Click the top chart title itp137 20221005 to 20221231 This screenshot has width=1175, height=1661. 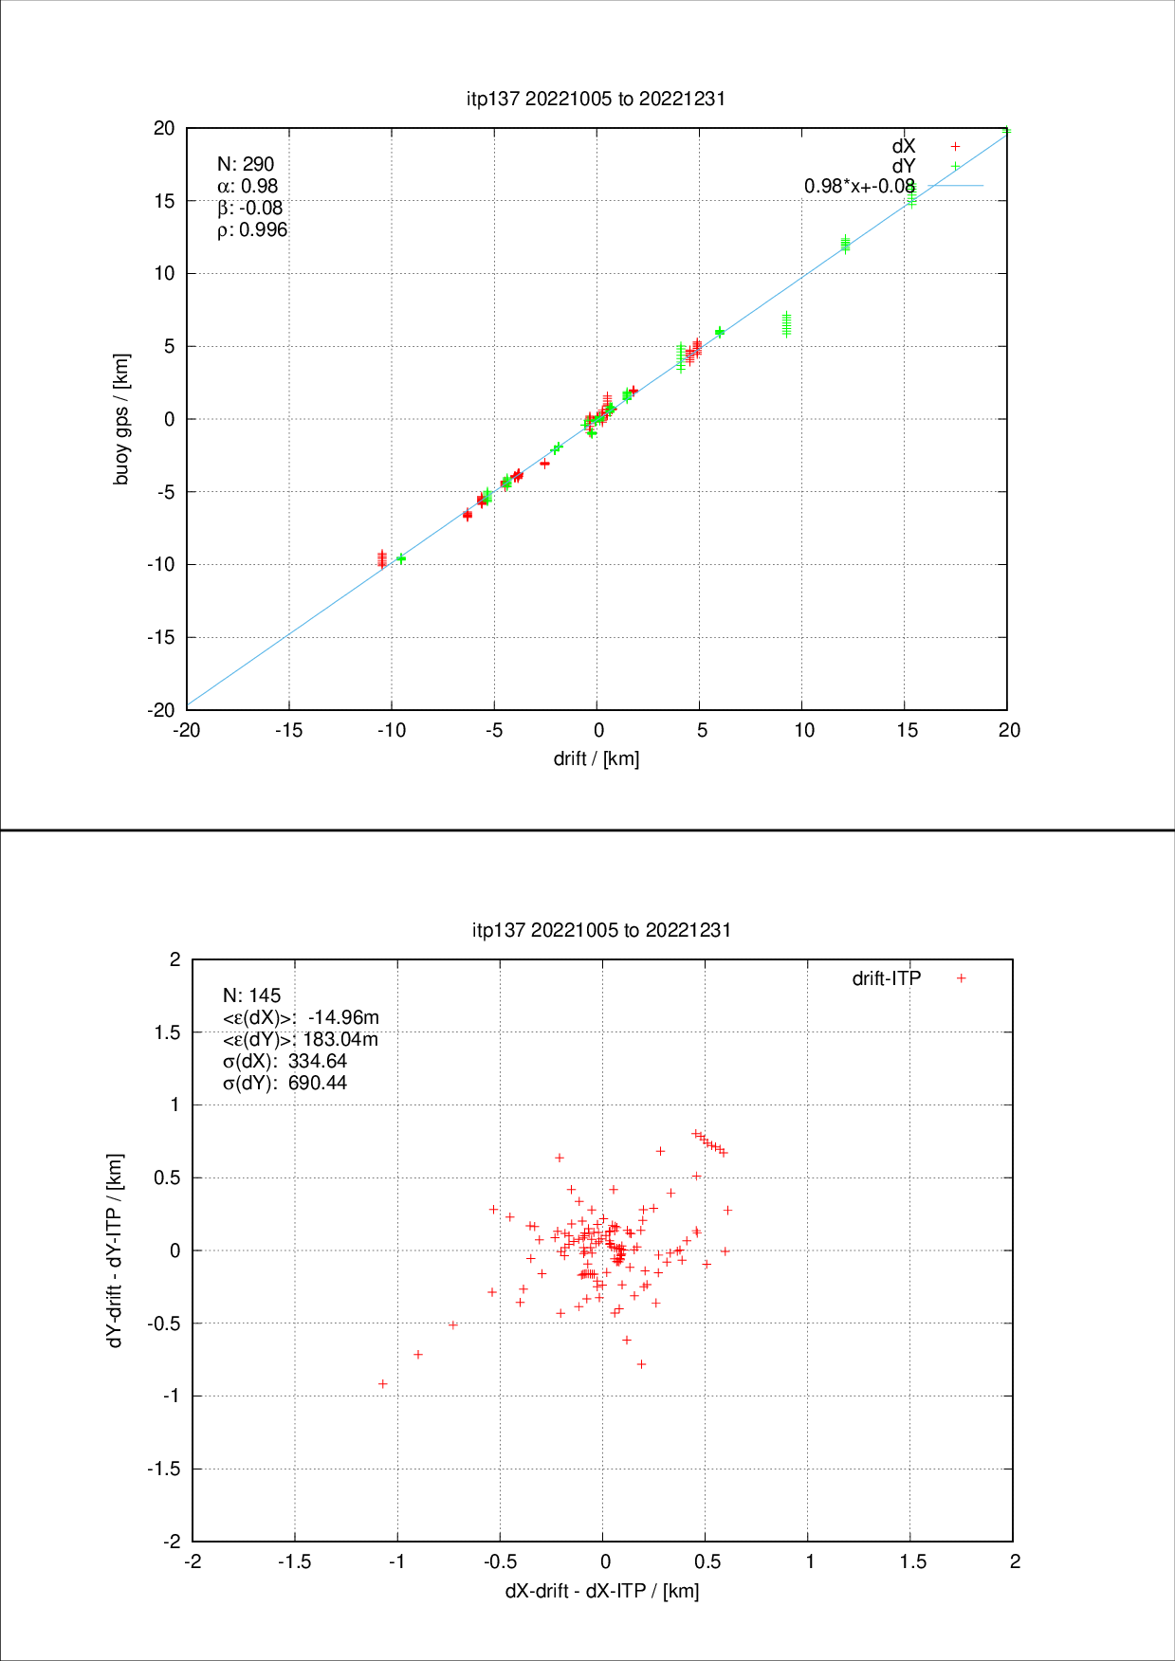[596, 99]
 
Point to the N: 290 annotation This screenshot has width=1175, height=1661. [246, 164]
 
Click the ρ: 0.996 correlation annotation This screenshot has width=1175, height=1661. [252, 229]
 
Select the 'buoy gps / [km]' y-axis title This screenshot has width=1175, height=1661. [121, 419]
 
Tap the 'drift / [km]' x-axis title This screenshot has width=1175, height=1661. [597, 758]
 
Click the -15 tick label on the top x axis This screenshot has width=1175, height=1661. [289, 730]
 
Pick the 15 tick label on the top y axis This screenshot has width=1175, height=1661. [164, 201]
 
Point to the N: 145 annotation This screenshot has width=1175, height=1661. [251, 995]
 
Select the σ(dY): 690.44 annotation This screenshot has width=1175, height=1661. [285, 1083]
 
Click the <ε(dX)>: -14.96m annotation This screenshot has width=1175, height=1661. [301, 1017]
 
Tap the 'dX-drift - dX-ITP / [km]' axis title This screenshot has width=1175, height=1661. [602, 1590]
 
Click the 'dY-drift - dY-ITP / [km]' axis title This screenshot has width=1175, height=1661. [115, 1250]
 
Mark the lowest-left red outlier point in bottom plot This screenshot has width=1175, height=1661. [383, 1384]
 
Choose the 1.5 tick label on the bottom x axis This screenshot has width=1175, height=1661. [912, 1561]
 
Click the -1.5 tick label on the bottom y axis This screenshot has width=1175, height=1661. [163, 1469]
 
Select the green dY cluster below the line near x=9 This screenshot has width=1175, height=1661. [786, 324]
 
